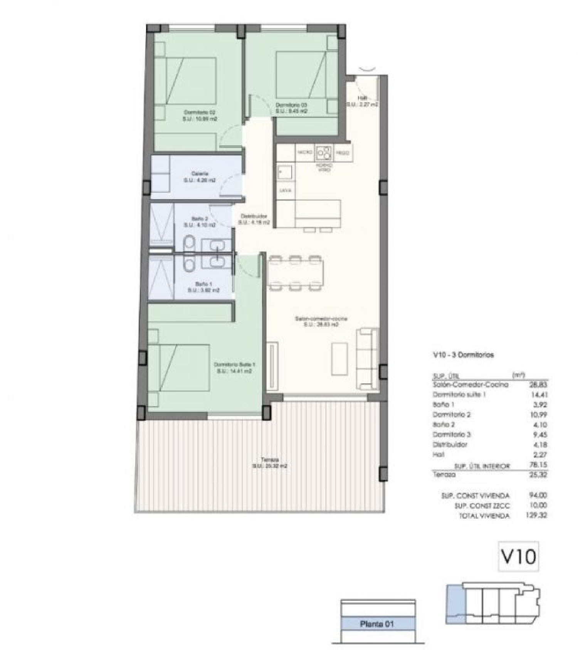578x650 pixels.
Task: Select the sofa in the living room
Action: point(367,358)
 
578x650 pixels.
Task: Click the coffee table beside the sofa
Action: point(339,358)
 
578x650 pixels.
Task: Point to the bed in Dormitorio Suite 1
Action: point(179,368)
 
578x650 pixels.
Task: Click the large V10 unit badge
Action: point(518,556)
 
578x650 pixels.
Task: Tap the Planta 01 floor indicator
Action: point(377,624)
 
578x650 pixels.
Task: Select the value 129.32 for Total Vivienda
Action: point(536,515)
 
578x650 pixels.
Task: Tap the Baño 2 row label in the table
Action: point(444,425)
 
